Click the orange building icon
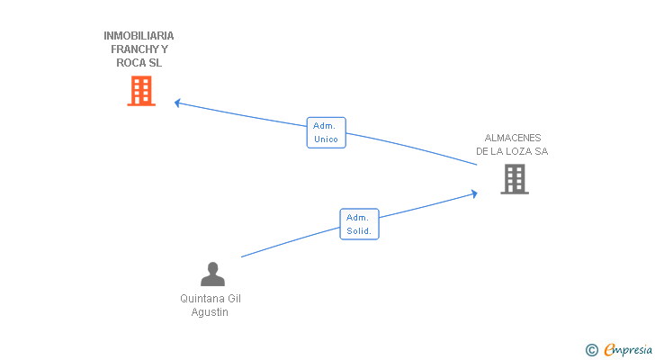141,91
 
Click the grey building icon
514,179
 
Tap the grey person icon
212,274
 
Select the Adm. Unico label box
327,133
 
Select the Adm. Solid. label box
359,224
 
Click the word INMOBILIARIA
139,36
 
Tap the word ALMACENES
513,138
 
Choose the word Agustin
210,312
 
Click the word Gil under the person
233,299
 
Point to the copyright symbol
592,350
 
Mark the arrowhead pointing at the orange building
177,103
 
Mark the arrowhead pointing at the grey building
473,193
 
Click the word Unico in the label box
327,139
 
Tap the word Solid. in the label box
359,230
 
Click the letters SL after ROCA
156,63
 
